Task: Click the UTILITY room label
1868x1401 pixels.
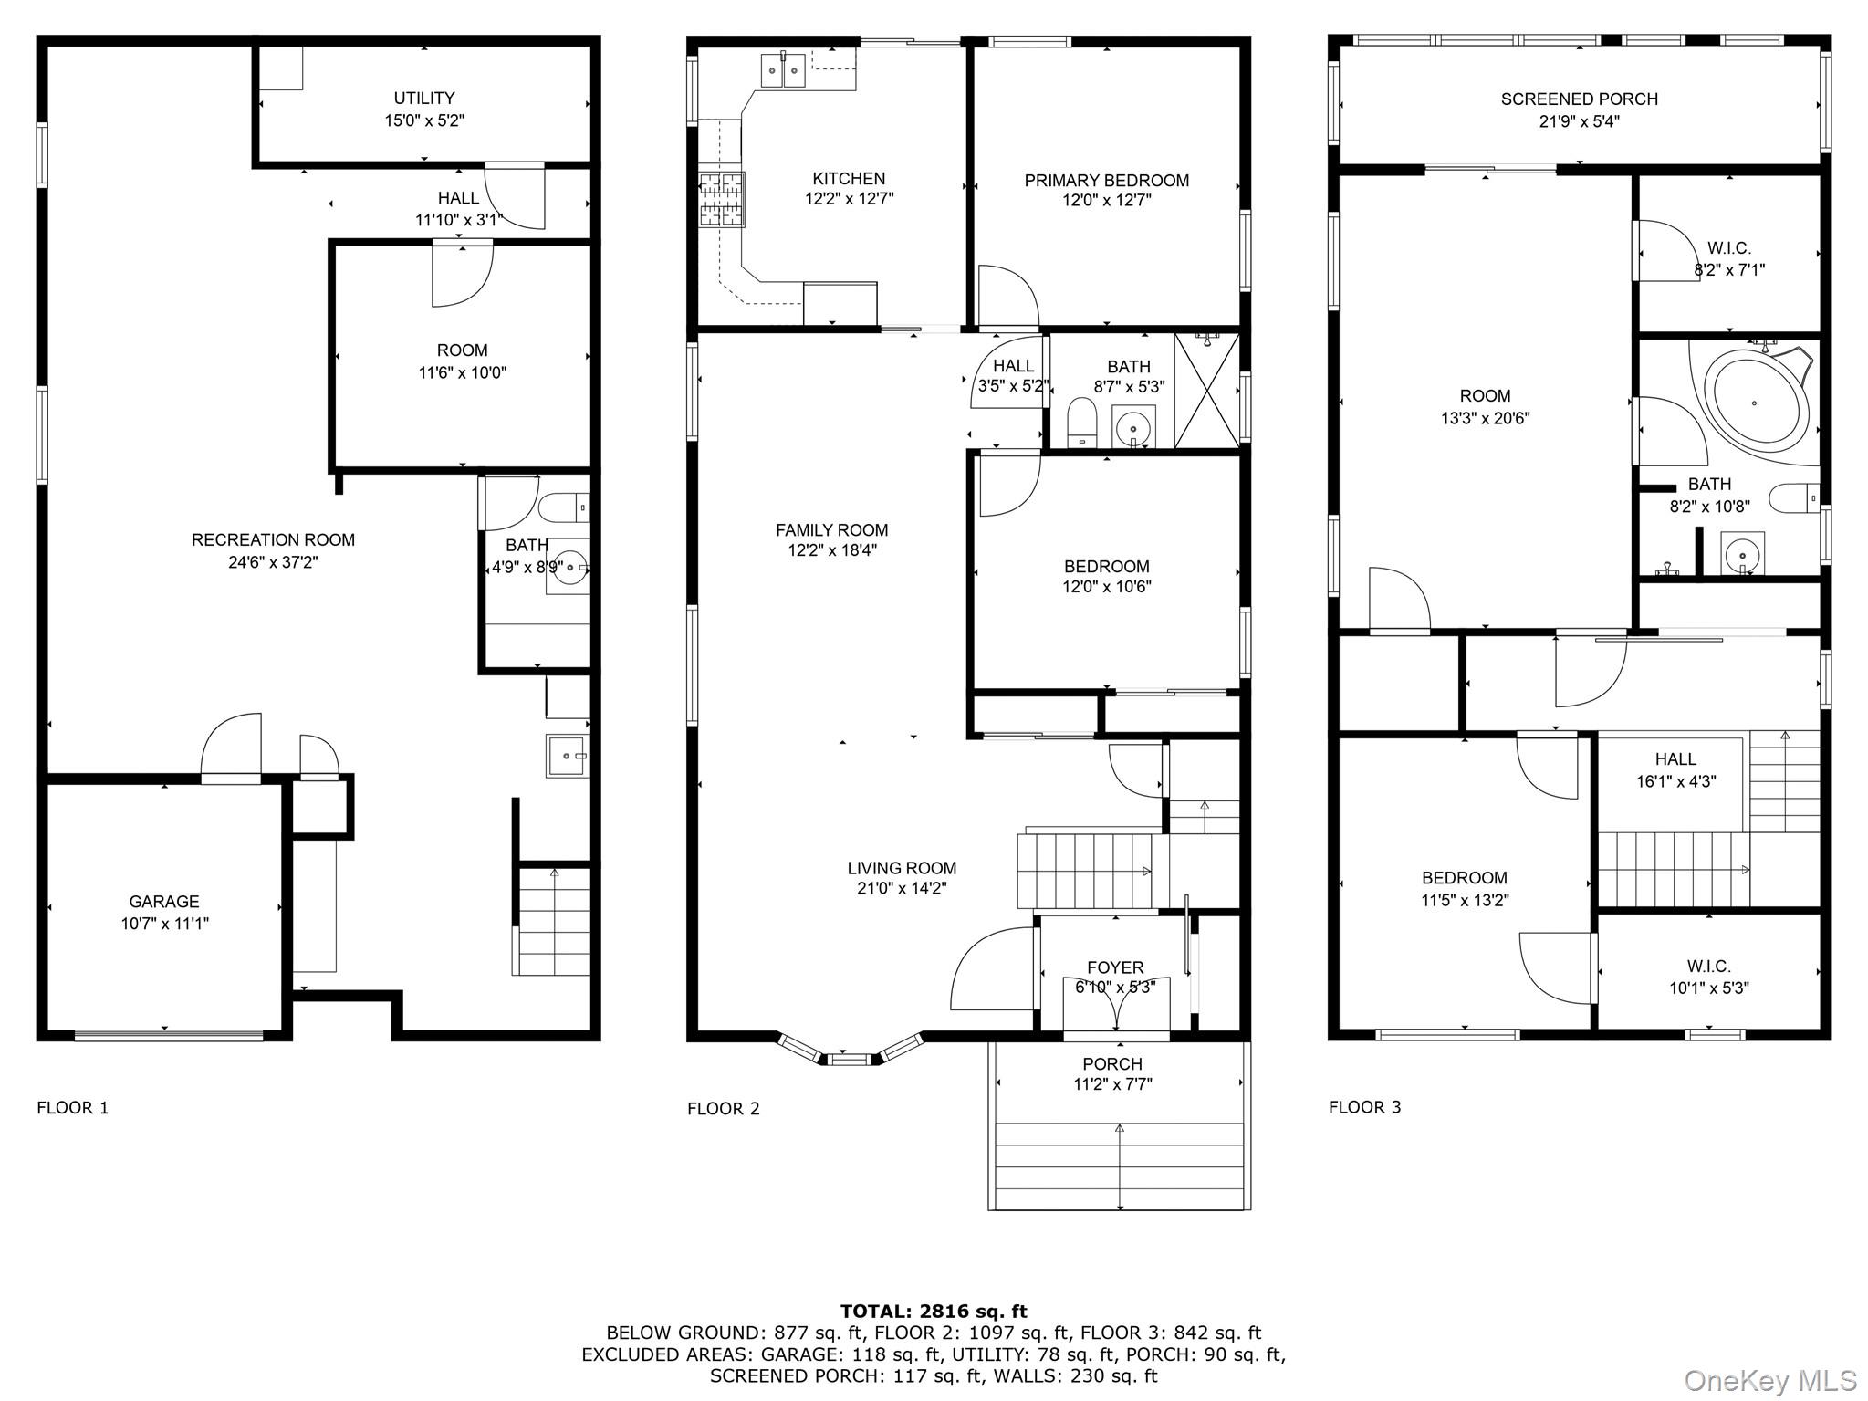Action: [423, 98]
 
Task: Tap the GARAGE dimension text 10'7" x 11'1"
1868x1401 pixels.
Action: [164, 924]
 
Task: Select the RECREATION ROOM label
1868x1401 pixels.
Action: [273, 539]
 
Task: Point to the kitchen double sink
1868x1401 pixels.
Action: [783, 70]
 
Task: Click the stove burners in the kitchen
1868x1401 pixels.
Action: [722, 199]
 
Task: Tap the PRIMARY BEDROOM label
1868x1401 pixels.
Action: [1106, 181]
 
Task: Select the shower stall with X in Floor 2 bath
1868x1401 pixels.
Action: [1205, 391]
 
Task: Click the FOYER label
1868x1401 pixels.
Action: [1114, 967]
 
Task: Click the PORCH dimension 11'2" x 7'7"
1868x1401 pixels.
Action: [1112, 1084]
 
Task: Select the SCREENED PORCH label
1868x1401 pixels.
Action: [1579, 99]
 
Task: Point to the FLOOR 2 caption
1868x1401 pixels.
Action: [723, 1108]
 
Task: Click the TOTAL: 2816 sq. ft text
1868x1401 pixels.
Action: [933, 1312]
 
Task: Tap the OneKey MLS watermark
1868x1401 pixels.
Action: [1769, 1380]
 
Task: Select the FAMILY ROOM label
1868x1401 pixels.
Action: [831, 530]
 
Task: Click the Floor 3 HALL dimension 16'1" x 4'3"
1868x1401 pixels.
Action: [1675, 781]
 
